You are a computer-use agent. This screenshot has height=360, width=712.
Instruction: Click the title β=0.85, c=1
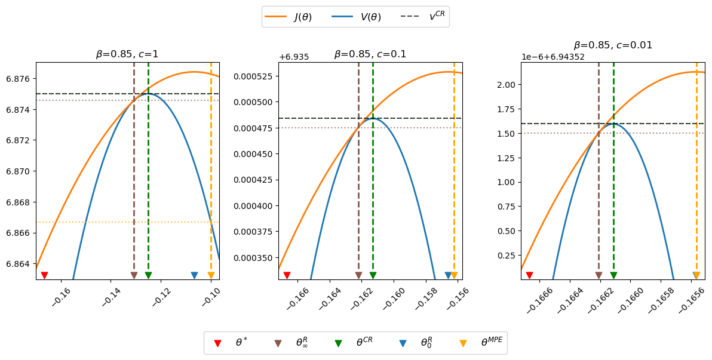click(127, 54)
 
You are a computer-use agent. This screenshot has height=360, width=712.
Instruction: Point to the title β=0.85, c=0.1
click(370, 54)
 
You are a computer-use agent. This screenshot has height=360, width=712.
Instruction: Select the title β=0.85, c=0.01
click(613, 45)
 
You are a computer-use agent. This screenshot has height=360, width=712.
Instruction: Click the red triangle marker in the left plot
click(44, 275)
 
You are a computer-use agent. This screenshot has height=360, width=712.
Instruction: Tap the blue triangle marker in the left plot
click(194, 275)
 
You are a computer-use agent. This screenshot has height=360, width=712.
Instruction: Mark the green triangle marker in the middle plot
click(373, 275)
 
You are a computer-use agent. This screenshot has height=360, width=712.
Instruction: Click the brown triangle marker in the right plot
click(599, 275)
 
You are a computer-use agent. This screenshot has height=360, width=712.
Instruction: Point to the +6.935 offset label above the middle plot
click(294, 57)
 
